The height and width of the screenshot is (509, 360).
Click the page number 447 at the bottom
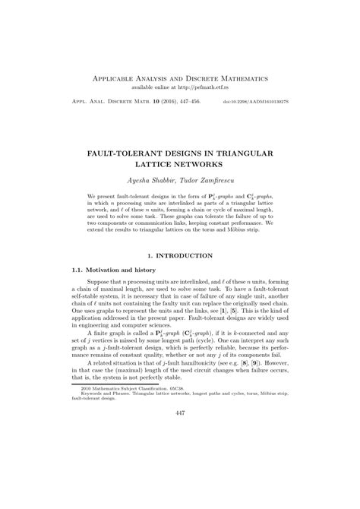pos(180,476)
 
